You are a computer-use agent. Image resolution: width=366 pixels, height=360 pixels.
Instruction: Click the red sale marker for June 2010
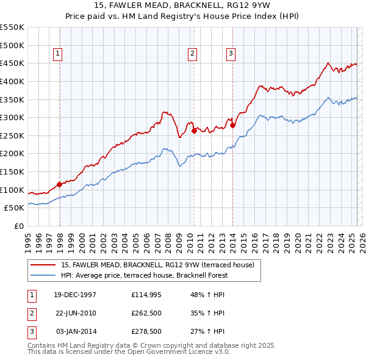point(194,130)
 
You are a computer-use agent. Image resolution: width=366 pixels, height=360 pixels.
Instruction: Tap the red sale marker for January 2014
point(233,126)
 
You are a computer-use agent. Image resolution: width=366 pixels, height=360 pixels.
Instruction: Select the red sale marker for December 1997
point(60,184)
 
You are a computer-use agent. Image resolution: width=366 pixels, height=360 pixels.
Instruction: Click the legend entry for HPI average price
point(144,275)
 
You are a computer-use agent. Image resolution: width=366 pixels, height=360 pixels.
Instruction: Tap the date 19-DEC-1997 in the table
point(75,295)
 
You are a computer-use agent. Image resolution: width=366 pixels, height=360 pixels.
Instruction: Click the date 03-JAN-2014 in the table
point(76,331)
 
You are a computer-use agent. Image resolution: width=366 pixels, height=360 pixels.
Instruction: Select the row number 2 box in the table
point(31,313)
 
